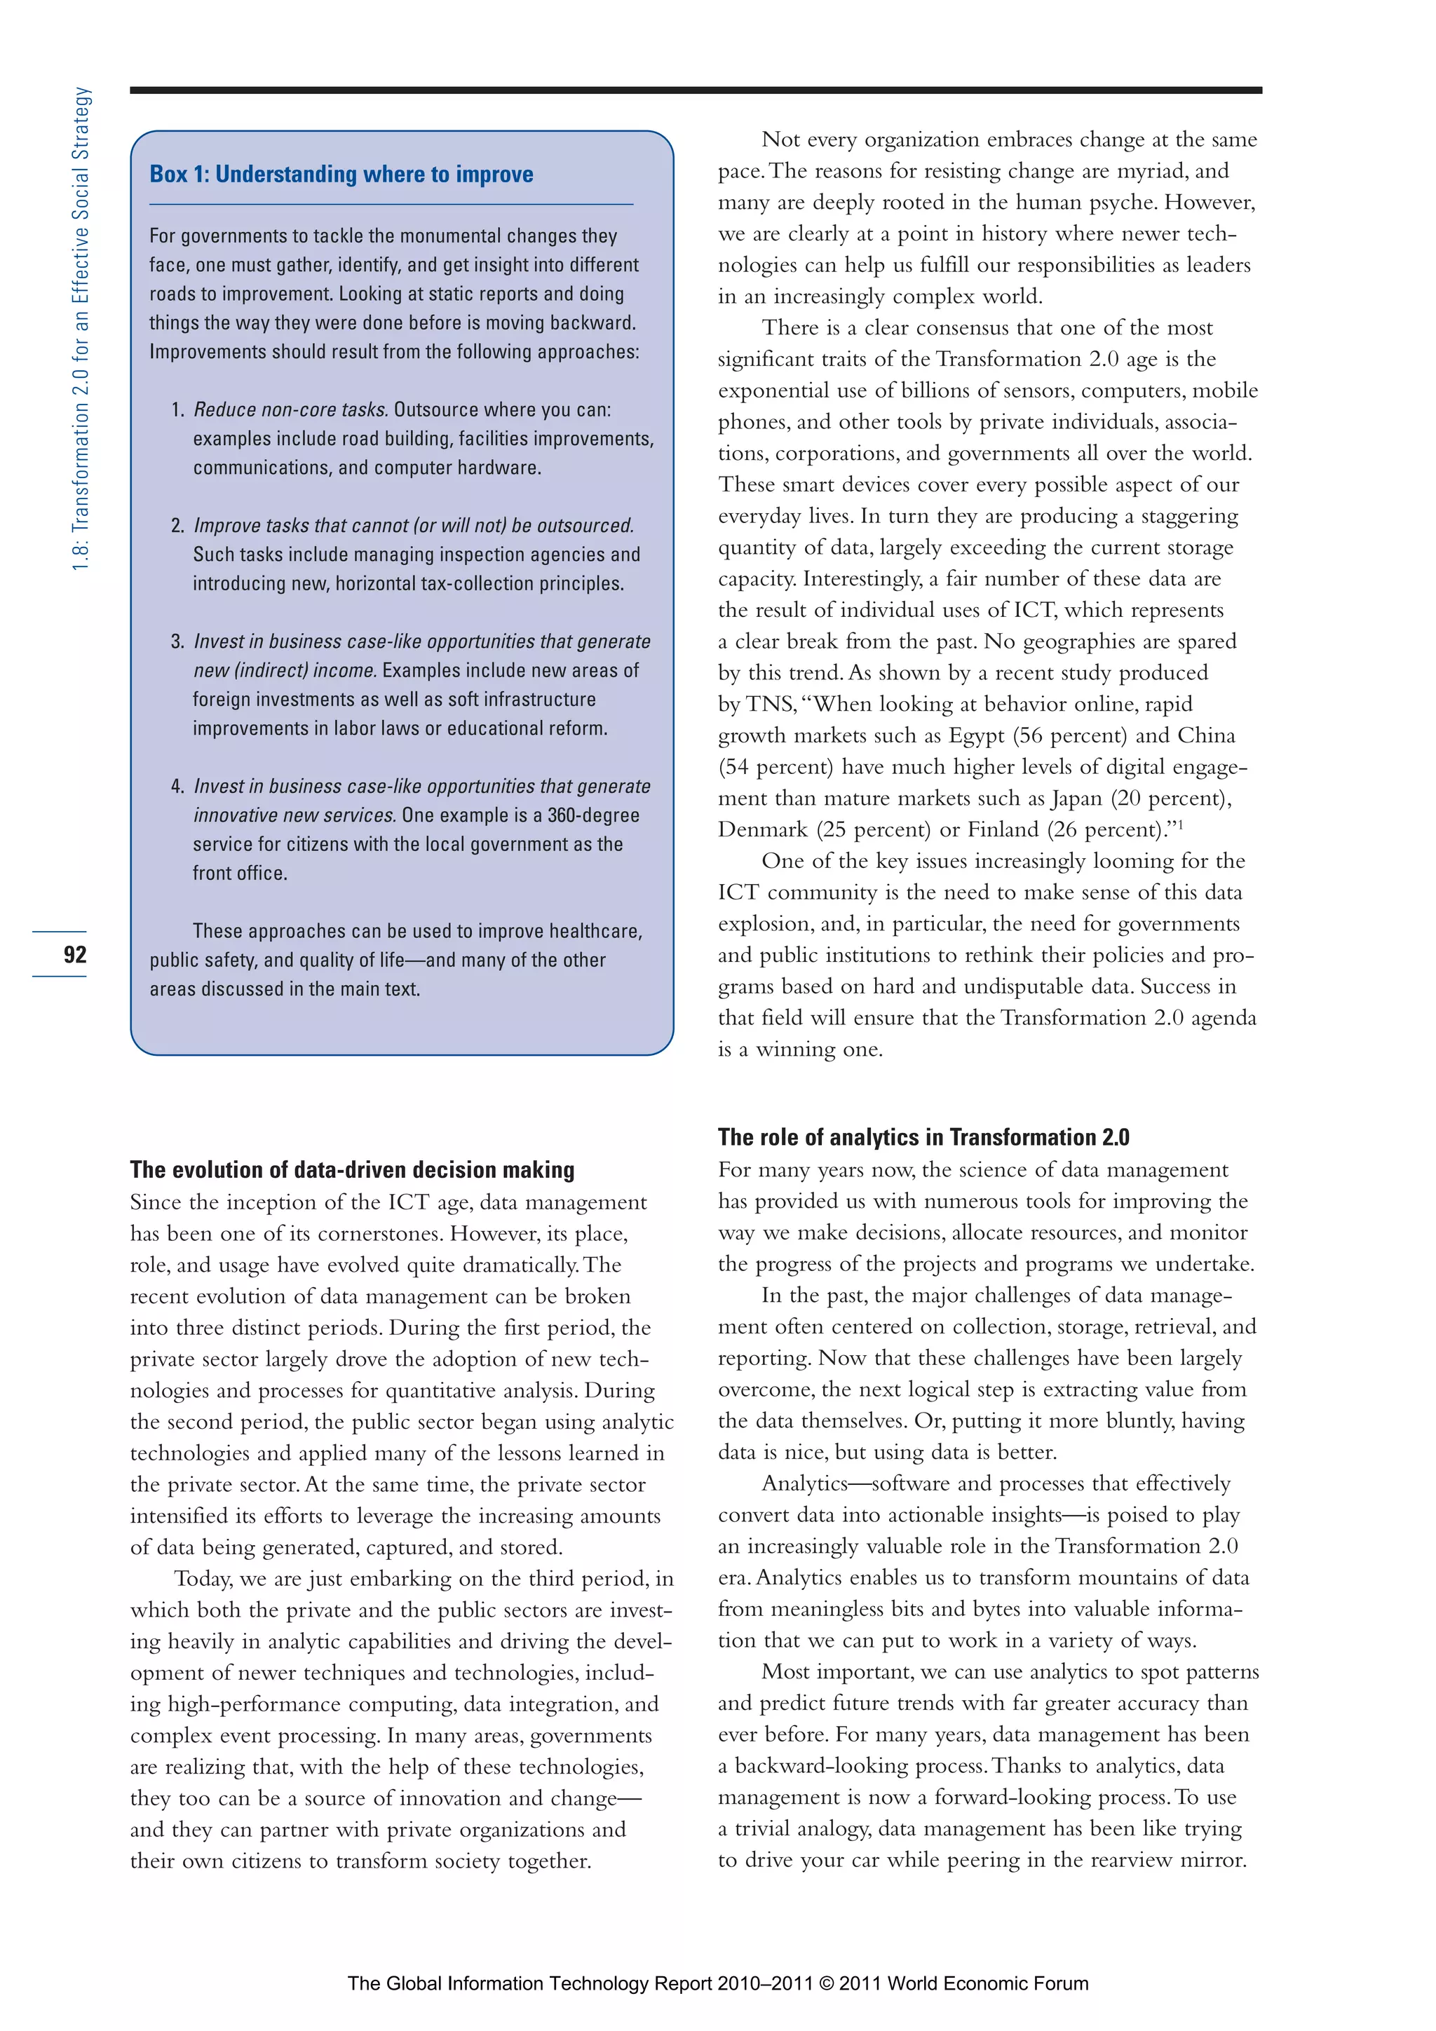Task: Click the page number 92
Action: click(75, 953)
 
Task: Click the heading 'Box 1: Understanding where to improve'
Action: click(341, 175)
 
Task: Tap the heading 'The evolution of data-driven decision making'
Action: click(352, 1169)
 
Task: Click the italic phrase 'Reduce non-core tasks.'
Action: click(290, 409)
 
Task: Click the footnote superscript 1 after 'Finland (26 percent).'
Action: click(1180, 824)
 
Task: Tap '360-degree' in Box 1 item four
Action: click(592, 815)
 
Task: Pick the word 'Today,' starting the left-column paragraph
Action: click(203, 1579)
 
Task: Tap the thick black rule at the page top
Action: click(696, 90)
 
